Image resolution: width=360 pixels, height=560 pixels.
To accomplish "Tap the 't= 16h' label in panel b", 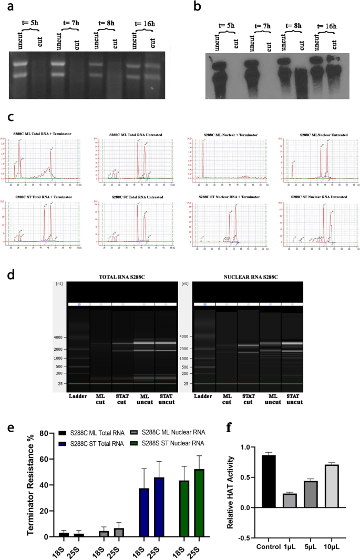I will coord(329,26).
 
